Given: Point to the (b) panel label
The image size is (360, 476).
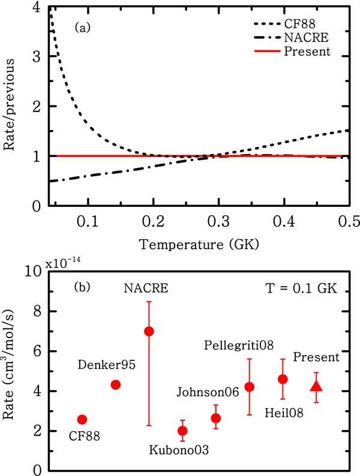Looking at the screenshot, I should [82, 287].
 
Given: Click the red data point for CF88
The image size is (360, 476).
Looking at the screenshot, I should [82, 420].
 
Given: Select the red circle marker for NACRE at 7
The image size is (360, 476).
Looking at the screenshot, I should [149, 332].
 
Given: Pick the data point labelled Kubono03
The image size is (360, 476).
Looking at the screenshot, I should [182, 430].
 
